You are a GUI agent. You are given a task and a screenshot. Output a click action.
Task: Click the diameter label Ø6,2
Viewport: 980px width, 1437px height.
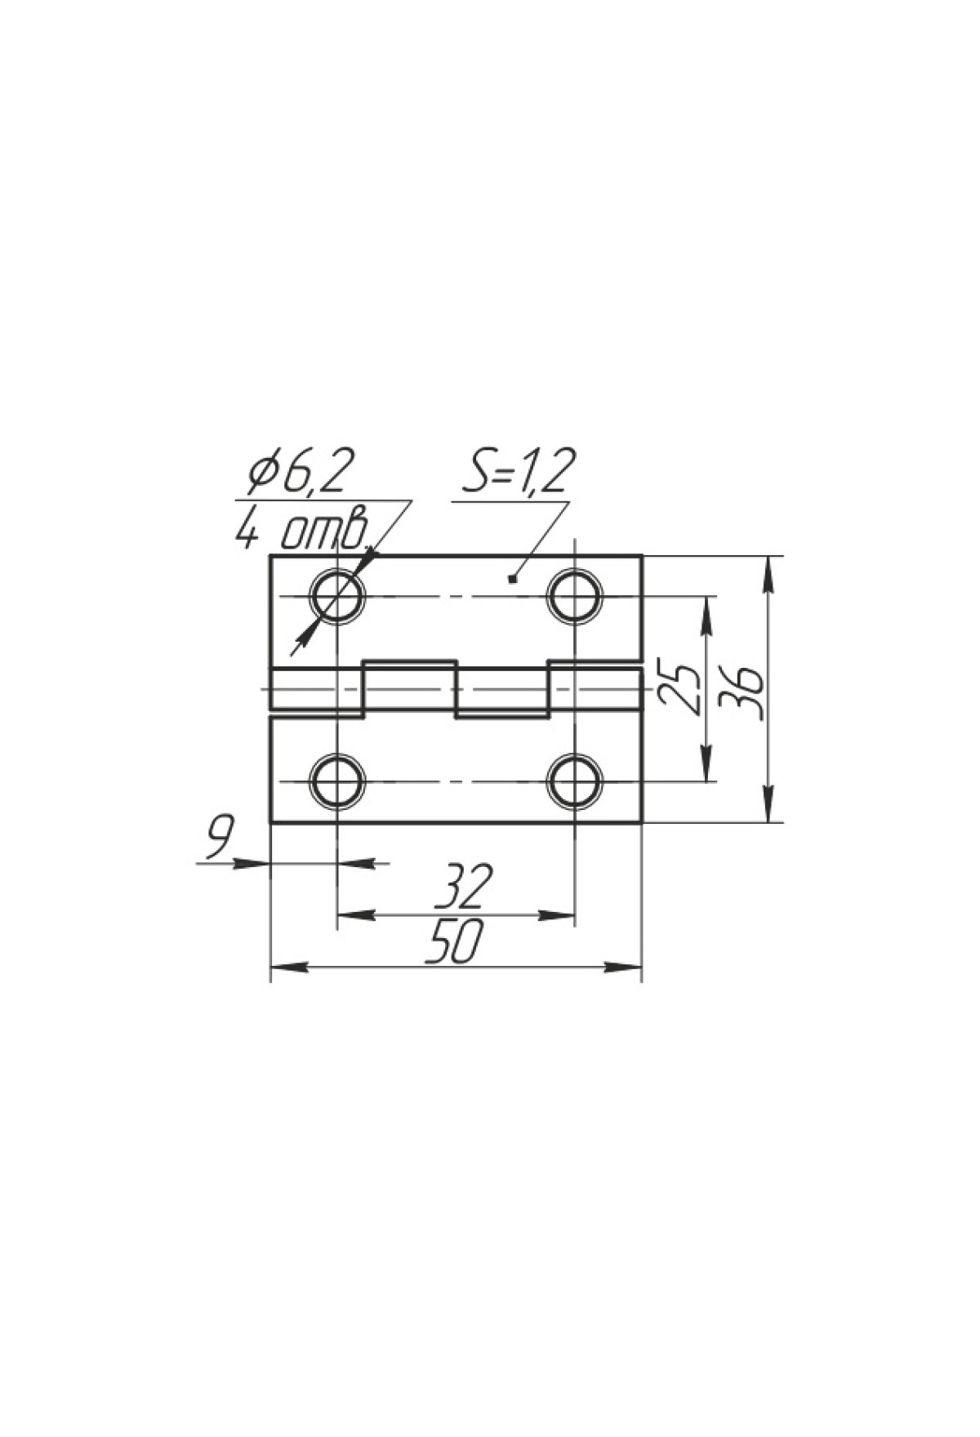(x=301, y=472)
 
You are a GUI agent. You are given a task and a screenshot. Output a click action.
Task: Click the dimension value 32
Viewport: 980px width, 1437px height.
(x=464, y=887)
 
